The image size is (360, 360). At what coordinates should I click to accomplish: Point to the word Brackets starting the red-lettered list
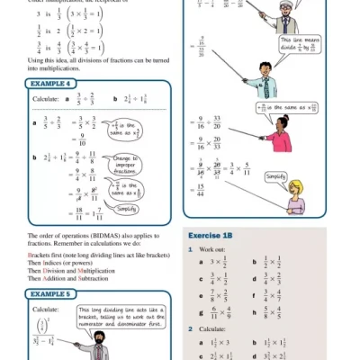tap(32, 256)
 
